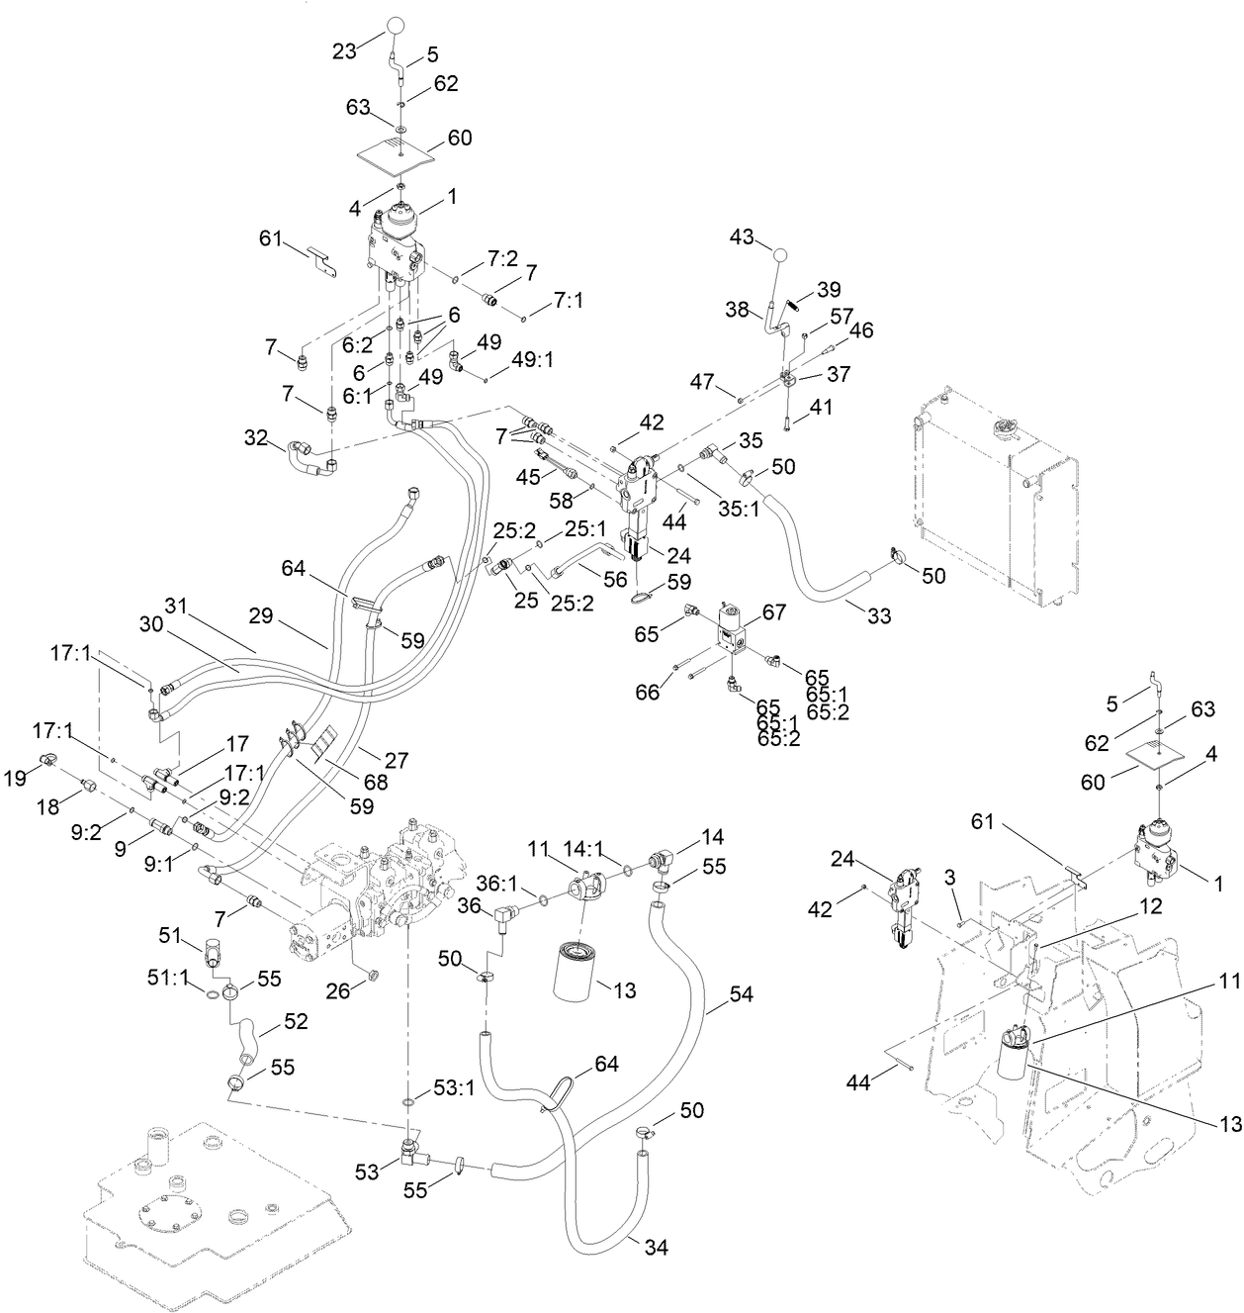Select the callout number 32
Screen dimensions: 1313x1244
click(256, 436)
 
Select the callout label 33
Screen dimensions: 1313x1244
click(877, 615)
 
